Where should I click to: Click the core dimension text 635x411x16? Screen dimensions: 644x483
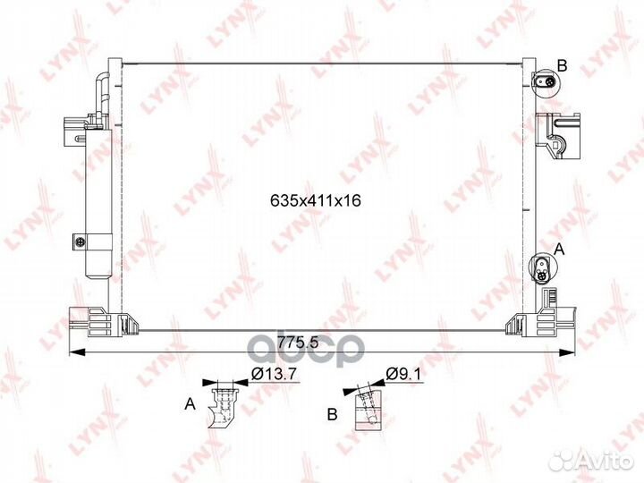point(316,200)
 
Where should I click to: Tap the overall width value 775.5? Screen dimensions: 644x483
point(298,342)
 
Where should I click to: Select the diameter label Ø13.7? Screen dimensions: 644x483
point(274,374)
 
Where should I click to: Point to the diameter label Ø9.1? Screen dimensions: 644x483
point(403,374)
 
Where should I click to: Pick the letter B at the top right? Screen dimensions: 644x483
point(562,65)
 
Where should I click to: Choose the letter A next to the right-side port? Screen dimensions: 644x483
point(559,249)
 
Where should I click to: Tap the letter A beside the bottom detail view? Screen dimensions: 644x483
point(190,403)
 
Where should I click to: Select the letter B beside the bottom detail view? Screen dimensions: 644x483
point(332,414)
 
